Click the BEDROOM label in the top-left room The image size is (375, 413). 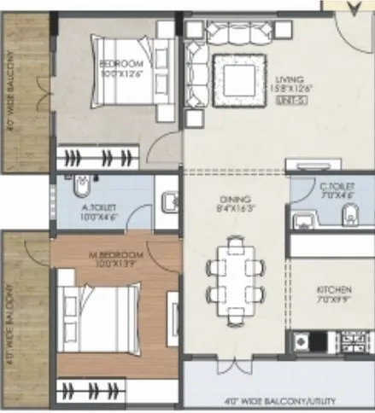[x=120, y=64]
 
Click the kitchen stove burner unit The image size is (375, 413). [x=303, y=343]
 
